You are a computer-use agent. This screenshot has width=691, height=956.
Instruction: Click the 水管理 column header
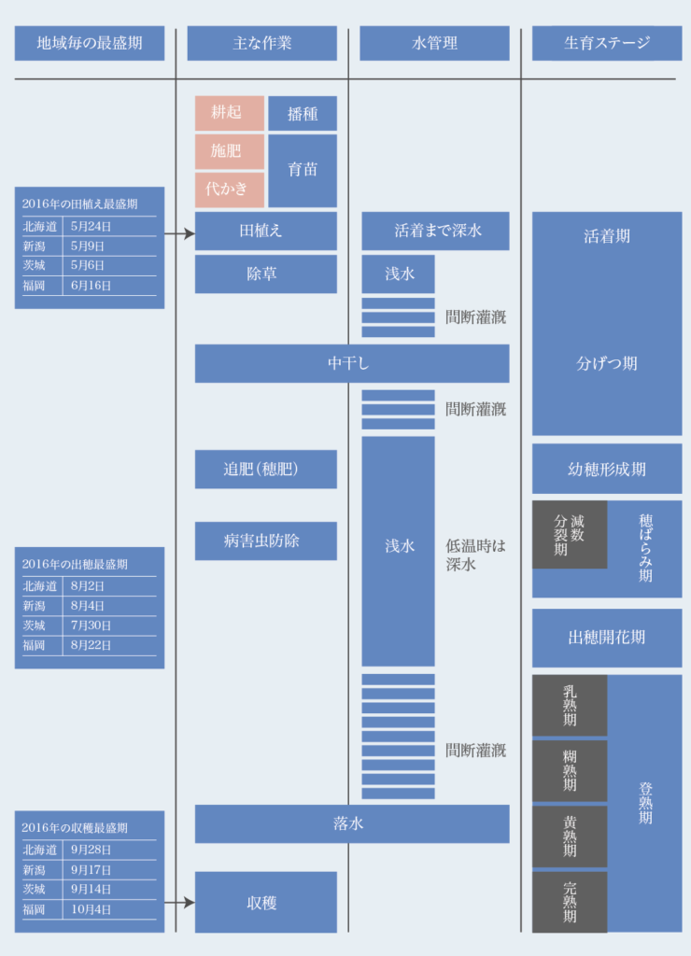(x=434, y=43)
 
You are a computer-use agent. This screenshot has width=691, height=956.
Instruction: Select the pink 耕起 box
(x=230, y=113)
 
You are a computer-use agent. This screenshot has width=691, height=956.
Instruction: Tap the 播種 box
(x=303, y=113)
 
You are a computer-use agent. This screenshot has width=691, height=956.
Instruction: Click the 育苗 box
(x=303, y=171)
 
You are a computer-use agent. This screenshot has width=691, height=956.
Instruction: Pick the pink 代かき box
(x=230, y=190)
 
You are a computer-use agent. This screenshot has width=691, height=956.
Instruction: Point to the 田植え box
(x=266, y=232)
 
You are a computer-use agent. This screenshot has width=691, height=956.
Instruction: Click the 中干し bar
(x=352, y=363)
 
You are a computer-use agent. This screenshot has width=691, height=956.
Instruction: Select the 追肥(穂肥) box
(x=266, y=470)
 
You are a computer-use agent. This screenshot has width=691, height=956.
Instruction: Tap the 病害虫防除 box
(x=266, y=541)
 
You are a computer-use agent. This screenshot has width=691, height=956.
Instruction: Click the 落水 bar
(x=352, y=823)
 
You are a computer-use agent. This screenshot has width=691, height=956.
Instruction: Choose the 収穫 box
(x=266, y=903)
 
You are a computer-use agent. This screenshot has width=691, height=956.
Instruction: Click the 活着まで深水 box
(x=435, y=232)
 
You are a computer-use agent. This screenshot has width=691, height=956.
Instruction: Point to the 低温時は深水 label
(x=475, y=555)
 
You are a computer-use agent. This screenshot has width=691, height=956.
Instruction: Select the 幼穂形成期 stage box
(x=607, y=469)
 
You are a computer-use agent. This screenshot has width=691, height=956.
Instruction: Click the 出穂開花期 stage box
(x=607, y=638)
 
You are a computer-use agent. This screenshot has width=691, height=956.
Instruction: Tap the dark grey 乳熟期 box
(x=570, y=706)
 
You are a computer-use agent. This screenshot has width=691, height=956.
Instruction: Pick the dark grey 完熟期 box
(x=570, y=903)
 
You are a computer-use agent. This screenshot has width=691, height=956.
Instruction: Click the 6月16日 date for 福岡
(x=91, y=286)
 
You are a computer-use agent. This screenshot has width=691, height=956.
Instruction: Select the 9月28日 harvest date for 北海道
(x=91, y=850)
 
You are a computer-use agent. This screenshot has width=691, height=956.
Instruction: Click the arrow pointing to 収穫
(x=179, y=903)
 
